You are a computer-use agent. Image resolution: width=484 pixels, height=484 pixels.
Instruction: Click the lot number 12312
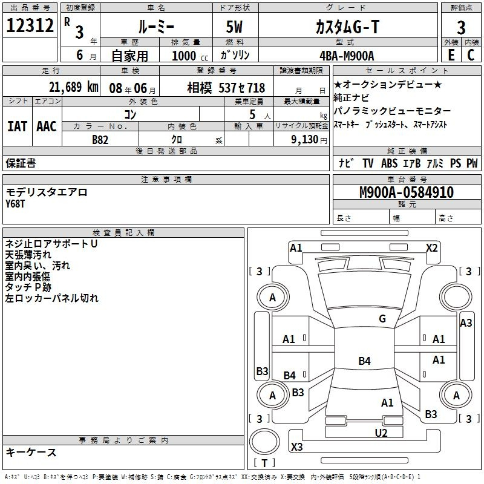tap(30, 25)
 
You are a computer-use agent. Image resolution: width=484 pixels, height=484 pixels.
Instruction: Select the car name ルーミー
tap(156, 27)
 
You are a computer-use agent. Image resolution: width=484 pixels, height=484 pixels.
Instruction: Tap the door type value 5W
tap(234, 27)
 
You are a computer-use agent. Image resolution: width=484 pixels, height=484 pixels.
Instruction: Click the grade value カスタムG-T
tap(347, 27)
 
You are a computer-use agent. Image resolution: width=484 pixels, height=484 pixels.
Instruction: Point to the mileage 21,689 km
tap(73, 87)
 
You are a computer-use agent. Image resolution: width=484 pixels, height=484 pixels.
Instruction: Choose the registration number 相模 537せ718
tap(226, 88)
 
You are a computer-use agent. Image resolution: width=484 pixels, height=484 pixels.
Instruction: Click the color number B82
tap(100, 140)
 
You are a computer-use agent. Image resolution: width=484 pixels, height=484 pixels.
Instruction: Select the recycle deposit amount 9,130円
tap(309, 140)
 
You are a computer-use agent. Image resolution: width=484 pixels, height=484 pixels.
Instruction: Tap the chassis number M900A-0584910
tap(407, 192)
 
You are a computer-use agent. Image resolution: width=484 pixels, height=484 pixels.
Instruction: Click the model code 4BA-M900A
tap(347, 56)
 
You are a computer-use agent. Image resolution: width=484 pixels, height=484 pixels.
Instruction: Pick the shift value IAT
tap(17, 126)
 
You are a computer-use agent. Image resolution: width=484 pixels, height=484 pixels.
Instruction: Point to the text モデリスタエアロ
tap(47, 192)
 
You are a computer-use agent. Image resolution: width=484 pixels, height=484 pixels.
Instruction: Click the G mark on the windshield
tap(382, 319)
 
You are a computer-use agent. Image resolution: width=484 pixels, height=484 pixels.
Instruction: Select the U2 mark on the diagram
tap(381, 433)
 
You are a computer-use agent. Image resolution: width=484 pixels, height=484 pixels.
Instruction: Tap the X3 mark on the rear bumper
tap(296, 446)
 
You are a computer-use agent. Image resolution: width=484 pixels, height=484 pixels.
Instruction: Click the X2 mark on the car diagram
tap(431, 248)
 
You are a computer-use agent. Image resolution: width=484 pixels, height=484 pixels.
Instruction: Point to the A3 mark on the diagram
tap(466, 323)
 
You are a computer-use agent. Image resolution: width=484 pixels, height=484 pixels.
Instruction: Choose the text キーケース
tap(31, 453)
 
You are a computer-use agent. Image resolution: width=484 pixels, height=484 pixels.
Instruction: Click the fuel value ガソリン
tap(235, 55)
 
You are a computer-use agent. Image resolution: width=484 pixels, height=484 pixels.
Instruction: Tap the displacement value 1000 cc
tap(190, 56)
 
